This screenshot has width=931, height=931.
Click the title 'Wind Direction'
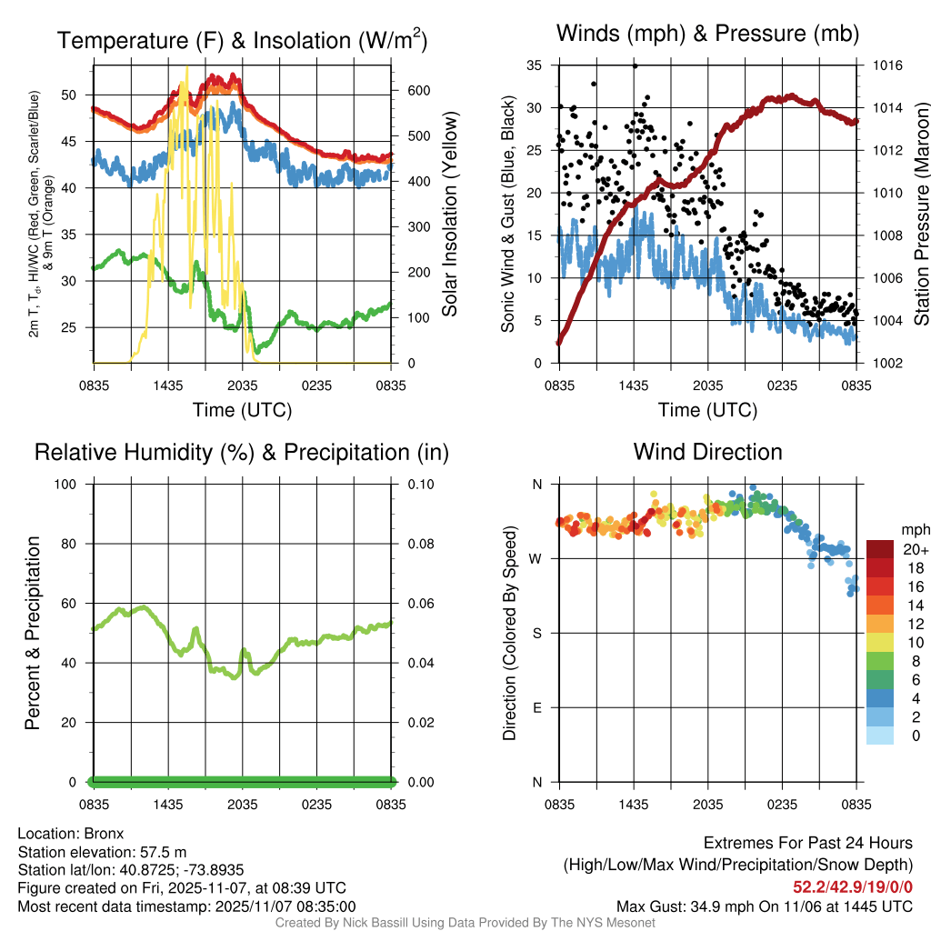(707, 452)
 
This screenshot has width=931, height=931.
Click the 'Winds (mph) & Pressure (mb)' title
(707, 35)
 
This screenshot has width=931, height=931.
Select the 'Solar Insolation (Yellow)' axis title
(450, 215)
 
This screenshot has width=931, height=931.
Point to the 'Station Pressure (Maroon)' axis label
(920, 215)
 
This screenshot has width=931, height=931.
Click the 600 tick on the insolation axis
(419, 91)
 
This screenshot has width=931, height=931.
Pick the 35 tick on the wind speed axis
(535, 65)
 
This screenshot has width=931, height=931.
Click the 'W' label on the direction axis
(536, 558)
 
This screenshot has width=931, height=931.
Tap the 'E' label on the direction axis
(537, 707)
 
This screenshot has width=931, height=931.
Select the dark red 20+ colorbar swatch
(880, 549)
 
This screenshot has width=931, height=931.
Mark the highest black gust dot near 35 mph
(635, 65)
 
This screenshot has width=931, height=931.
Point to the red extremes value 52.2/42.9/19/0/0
(853, 887)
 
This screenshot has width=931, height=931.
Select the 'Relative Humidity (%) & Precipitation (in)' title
(241, 452)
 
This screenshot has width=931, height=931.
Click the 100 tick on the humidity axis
(76, 484)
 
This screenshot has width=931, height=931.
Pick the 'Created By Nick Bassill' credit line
(465, 923)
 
